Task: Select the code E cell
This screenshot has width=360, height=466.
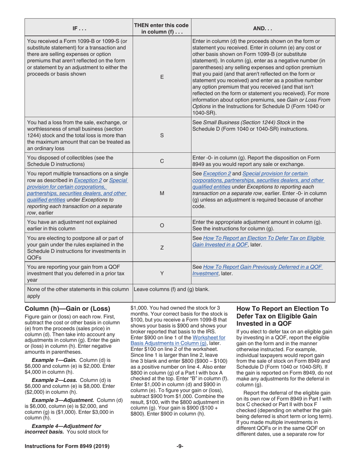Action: pyautogui.click(x=162, y=77)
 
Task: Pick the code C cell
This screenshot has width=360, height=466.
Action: pyautogui.click(x=162, y=161)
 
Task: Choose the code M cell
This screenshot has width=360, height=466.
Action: pyautogui.click(x=162, y=193)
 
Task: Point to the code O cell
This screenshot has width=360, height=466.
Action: pyautogui.click(x=162, y=225)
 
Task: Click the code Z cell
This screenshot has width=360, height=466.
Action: pyautogui.click(x=162, y=247)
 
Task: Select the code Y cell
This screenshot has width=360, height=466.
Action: pyautogui.click(x=162, y=272)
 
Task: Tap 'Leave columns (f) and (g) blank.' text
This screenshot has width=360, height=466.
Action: pyautogui.click(x=172, y=289)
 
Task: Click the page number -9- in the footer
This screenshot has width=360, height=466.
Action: pyautogui.click(x=180, y=446)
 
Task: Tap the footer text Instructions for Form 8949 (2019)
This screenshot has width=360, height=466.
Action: pyautogui.click(x=67, y=446)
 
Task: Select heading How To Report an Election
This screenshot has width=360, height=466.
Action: pyautogui.click(x=282, y=316)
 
